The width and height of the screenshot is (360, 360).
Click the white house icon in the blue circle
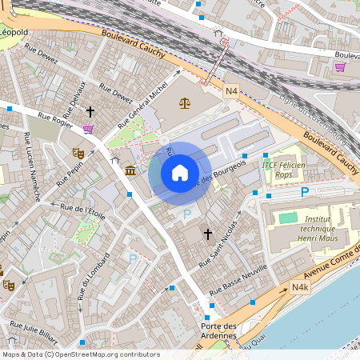pyautogui.click(x=180, y=172)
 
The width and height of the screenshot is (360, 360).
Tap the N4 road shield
pyautogui.click(x=231, y=92)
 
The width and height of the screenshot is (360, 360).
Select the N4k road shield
pyautogui.click(x=300, y=288)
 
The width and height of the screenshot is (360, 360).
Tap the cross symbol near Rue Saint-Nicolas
pyautogui.click(x=208, y=234)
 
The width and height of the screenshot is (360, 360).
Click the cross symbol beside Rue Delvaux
pyautogui.click(x=90, y=112)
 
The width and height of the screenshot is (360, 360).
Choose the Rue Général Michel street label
pyautogui.click(x=144, y=104)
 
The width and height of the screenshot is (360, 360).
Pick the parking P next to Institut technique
pyautogui.click(x=304, y=192)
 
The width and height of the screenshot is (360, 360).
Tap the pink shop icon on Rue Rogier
pyautogui.click(x=88, y=130)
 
